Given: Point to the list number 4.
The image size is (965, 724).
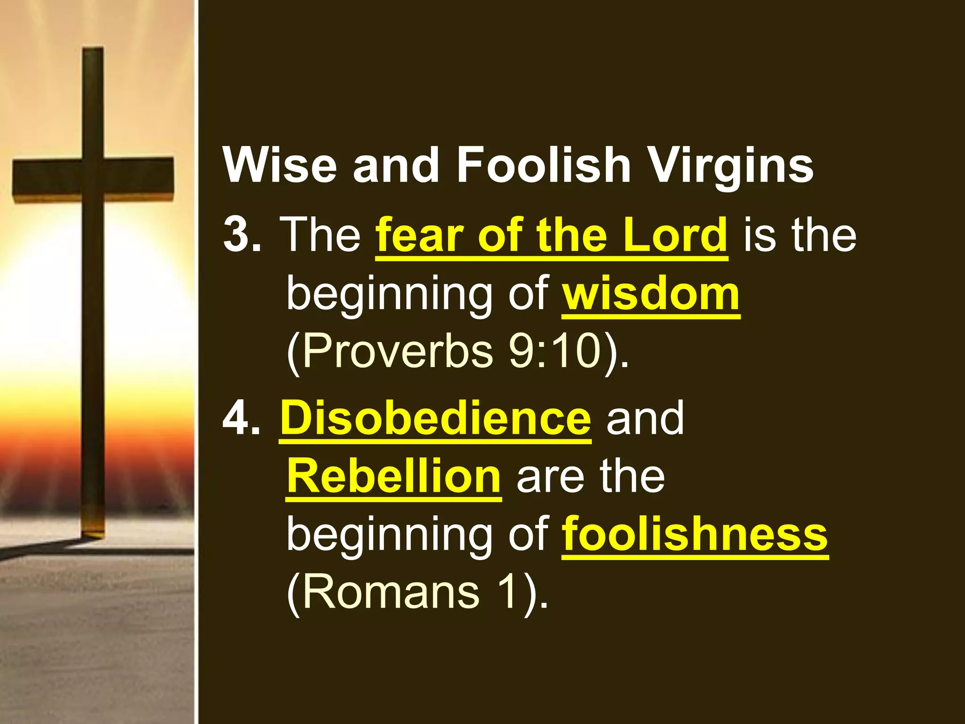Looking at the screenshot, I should tap(241, 418).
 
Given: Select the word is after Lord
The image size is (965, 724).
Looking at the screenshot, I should tap(761, 234).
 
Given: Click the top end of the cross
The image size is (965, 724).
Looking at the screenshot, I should tap(93, 52).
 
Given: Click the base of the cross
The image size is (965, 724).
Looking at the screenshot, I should tap(94, 530).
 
